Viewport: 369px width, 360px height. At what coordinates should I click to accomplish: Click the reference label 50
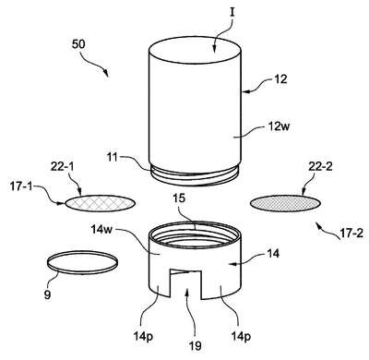[x=78, y=44]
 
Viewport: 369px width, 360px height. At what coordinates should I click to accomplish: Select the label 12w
[x=278, y=126]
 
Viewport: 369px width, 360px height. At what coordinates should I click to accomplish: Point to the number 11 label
[x=113, y=157]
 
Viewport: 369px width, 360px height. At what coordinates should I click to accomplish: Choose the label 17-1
[x=21, y=186]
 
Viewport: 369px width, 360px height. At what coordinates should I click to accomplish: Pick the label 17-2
[x=351, y=234]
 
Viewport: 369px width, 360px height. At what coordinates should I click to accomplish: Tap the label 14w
[x=101, y=229]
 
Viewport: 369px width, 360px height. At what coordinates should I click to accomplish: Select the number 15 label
[x=179, y=198]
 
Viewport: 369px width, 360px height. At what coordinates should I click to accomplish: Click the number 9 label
[x=47, y=295]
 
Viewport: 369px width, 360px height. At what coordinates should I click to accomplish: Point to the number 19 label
[x=196, y=345]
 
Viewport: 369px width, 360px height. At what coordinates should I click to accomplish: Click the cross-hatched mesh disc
[x=101, y=203]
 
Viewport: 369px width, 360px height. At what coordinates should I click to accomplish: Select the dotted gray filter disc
[x=286, y=203]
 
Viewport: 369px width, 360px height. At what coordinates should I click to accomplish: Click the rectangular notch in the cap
[x=186, y=283]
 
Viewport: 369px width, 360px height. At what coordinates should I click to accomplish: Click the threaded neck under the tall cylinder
[x=195, y=174]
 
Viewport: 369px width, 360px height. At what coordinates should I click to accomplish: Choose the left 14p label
[x=143, y=336]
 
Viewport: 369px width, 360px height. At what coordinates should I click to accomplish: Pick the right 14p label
[x=241, y=336]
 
